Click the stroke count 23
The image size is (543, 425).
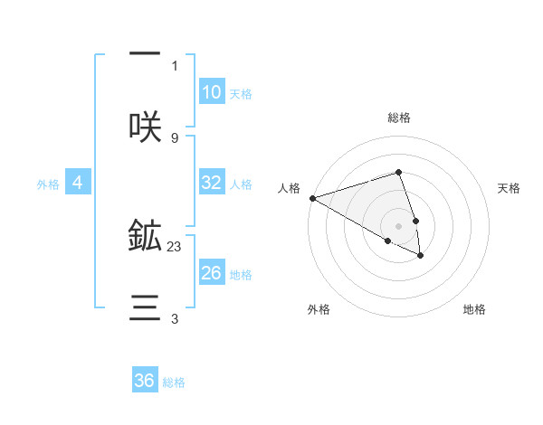(175, 246)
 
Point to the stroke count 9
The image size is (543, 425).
(175, 137)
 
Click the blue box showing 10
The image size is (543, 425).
(212, 92)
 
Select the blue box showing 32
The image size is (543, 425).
(212, 183)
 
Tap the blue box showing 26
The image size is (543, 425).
(212, 272)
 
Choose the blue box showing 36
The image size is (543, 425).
(145, 381)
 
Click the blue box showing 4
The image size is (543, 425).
(78, 183)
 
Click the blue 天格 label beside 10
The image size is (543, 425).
(241, 94)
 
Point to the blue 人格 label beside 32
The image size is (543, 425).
(241, 184)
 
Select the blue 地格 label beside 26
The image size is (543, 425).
(241, 274)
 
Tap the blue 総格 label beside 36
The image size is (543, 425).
(174, 382)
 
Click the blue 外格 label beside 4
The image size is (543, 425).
(48, 184)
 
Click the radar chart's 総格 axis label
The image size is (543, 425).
(399, 118)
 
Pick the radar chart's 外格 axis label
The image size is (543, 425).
(319, 309)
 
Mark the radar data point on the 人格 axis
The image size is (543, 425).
(312, 198)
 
